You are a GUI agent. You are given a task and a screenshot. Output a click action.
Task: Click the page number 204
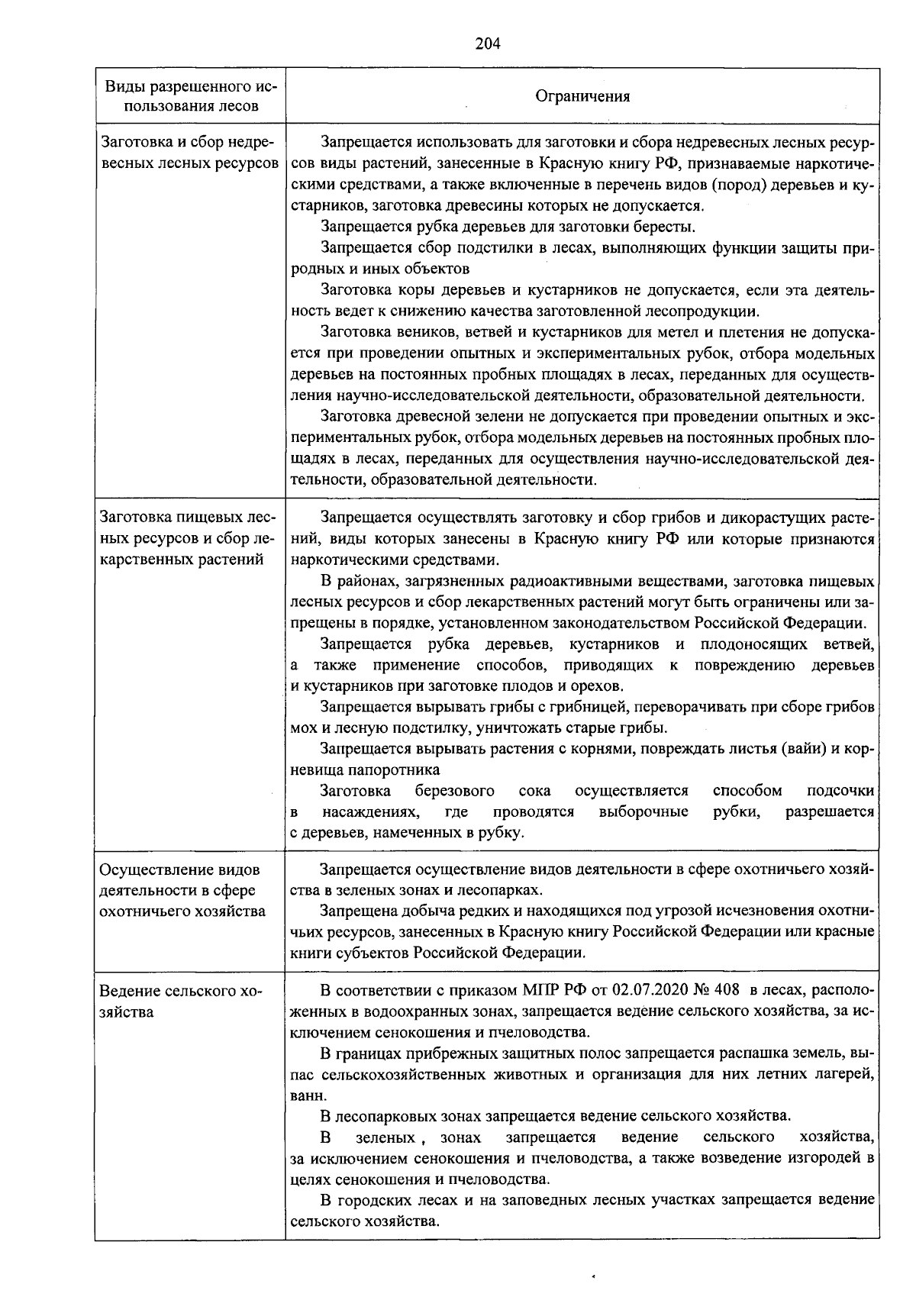[x=487, y=44]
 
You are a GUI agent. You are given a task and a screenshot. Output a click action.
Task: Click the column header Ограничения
[x=582, y=96]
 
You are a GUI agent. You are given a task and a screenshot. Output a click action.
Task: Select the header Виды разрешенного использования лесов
[x=190, y=95]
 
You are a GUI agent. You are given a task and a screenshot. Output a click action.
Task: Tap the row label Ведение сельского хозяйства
[x=180, y=1002]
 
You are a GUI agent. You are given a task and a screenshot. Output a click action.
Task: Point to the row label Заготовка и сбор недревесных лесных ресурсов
[x=189, y=153]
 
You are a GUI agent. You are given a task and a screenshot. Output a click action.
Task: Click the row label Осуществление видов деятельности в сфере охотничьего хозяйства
[x=183, y=890]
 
